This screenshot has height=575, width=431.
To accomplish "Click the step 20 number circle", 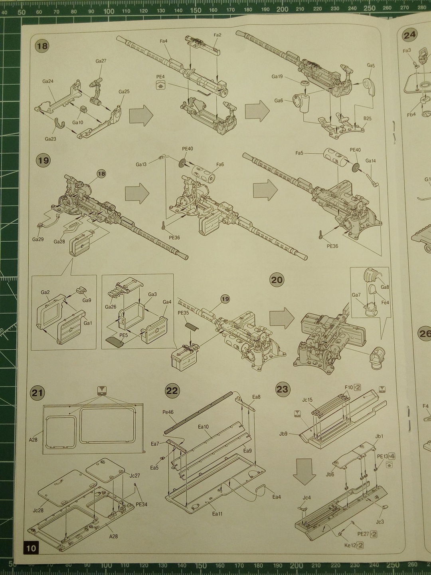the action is (x=277, y=280).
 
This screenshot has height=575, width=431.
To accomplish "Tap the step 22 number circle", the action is (x=172, y=390).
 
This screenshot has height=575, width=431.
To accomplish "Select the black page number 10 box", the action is (x=31, y=548).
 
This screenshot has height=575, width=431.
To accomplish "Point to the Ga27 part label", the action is (x=101, y=61).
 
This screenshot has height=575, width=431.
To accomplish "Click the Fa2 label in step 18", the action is (x=217, y=35).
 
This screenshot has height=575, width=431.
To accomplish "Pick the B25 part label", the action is (x=367, y=118).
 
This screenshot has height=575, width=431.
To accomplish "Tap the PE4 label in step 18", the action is (x=160, y=77).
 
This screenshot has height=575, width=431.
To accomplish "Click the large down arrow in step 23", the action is (x=304, y=472).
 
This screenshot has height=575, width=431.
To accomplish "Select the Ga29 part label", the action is (x=38, y=239).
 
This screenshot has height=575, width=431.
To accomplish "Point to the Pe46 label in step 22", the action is (x=168, y=412).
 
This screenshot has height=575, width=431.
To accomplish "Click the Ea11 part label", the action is (x=217, y=514).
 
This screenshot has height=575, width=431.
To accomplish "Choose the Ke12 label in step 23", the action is (x=350, y=545).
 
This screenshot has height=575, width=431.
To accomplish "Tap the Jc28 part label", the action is (x=38, y=510).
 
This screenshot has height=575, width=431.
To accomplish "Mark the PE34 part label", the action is (x=141, y=504).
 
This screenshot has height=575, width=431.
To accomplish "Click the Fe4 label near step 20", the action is (x=385, y=302).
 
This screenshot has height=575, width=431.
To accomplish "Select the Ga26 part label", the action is (x=111, y=307).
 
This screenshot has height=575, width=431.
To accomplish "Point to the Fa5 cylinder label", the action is (x=299, y=153).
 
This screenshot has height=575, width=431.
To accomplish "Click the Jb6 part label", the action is (x=330, y=474).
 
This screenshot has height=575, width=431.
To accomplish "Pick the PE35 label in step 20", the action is (x=183, y=313).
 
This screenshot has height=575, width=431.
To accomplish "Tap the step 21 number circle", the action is (x=37, y=393).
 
